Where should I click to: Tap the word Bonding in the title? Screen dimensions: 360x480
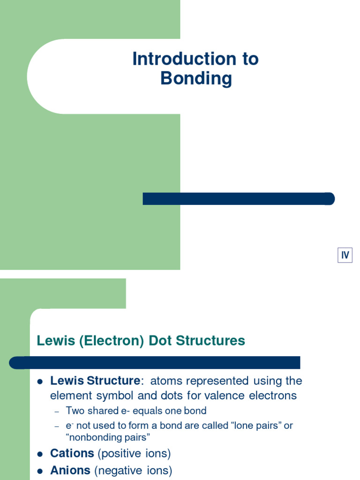[x=196, y=78]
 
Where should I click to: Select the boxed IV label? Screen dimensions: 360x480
[x=345, y=255]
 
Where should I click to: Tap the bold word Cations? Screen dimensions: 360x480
[x=72, y=454]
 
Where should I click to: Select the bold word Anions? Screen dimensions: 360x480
[x=70, y=471]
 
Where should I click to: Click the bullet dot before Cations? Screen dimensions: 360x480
[x=40, y=454]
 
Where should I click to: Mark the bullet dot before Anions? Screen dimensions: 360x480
[x=40, y=471]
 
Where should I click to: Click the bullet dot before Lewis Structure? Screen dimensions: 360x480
[x=40, y=381]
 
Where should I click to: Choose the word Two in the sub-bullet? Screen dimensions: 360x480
[x=75, y=411]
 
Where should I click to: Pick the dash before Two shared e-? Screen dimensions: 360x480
[x=57, y=412]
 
